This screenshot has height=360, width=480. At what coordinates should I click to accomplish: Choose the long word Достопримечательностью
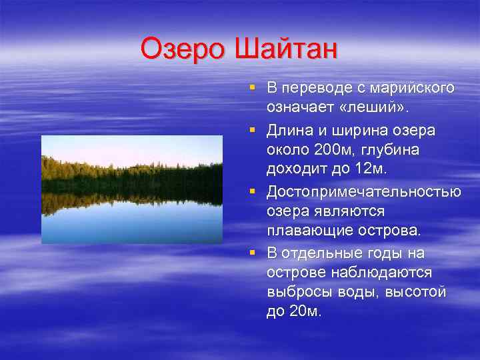click(363, 192)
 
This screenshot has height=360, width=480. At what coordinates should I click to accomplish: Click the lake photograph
click(132, 189)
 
